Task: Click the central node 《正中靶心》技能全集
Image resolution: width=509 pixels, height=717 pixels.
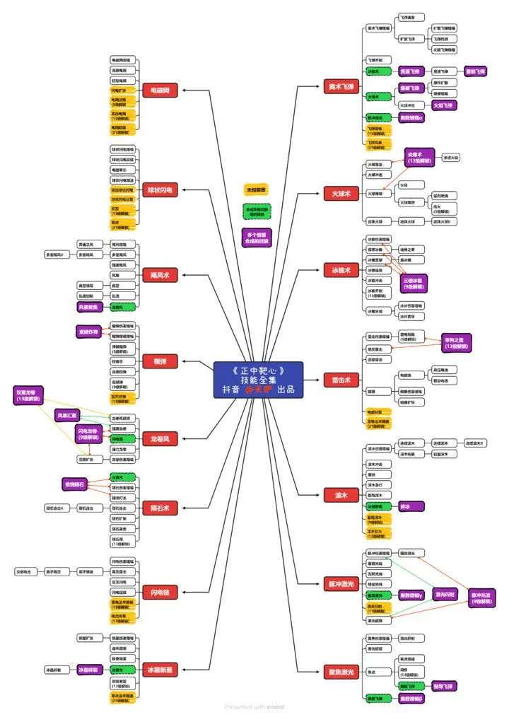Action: click(258, 380)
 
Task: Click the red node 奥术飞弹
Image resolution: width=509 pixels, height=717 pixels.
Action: click(340, 86)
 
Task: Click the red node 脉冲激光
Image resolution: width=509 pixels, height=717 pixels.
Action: click(340, 584)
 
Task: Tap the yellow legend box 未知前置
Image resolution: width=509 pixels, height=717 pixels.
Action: click(256, 190)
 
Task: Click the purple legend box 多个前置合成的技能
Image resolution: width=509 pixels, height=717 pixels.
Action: click(256, 238)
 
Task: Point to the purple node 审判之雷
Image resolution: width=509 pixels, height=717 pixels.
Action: click(457, 343)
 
